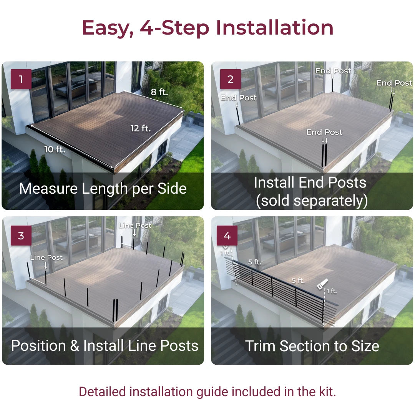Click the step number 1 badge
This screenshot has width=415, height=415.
click(21, 79)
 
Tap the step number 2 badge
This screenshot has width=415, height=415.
click(231, 79)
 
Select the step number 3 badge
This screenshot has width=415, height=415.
click(21, 235)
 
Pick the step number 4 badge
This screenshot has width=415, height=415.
click(227, 235)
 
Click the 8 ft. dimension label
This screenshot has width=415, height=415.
click(159, 92)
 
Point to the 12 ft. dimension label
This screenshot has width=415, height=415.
click(141, 128)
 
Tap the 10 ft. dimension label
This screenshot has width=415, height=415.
click(55, 149)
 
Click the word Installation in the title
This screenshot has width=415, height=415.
click(274, 28)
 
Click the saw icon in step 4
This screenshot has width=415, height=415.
click(323, 284)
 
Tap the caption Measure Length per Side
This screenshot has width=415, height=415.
click(103, 189)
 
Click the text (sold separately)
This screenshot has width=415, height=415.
click(312, 201)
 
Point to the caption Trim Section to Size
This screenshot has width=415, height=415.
click(312, 346)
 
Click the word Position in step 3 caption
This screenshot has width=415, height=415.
click(38, 346)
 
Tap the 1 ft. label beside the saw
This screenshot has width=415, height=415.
click(332, 291)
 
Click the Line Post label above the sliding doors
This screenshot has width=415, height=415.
click(135, 226)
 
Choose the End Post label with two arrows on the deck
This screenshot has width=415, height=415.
click(324, 132)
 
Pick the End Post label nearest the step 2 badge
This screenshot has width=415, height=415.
click(239, 98)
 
